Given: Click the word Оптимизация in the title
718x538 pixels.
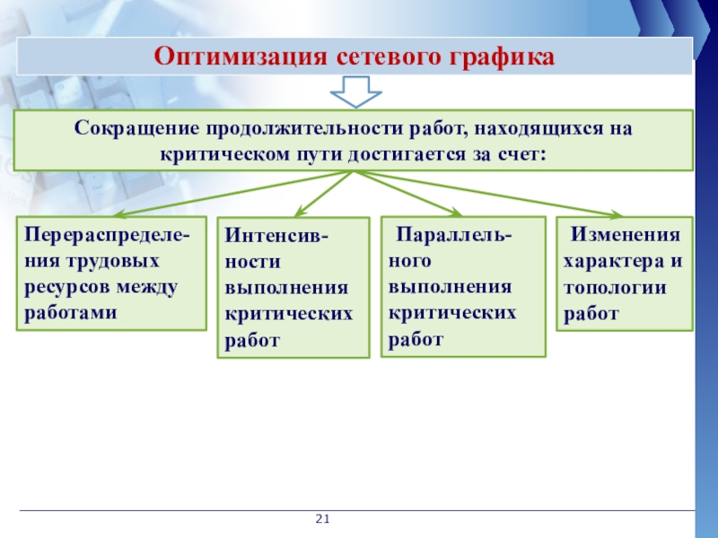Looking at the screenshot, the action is tap(241, 57).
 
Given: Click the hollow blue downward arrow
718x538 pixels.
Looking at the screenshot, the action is tap(355, 92).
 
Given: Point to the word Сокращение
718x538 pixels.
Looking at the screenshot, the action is tap(137, 128).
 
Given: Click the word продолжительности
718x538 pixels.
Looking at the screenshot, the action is tap(304, 128).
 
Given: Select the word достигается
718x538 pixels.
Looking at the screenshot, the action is tap(407, 154).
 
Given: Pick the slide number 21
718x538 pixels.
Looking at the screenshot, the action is tap(322, 519).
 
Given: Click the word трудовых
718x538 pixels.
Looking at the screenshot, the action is tap(113, 262).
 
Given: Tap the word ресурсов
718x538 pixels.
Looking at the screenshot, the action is tap(67, 288).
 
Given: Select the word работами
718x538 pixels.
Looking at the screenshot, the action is tap(71, 313).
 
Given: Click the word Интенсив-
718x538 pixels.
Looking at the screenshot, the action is tap(276, 236).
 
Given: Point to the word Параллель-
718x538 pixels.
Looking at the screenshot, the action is tap(454, 235).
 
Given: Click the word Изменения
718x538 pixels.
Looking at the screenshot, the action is tap(625, 235).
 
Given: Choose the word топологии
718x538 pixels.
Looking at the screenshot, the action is tap(615, 288).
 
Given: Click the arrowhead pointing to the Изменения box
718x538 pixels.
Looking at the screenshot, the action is tap(616, 213).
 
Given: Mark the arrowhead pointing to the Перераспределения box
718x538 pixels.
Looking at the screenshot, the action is tap(120, 213).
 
